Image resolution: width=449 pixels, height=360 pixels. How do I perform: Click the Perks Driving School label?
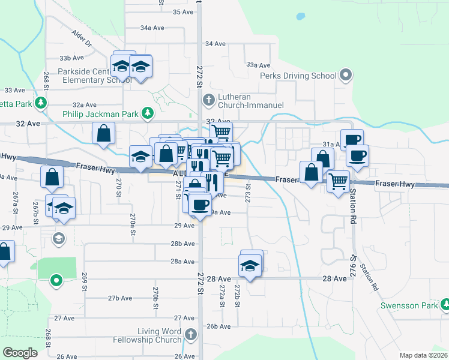tap(298, 76)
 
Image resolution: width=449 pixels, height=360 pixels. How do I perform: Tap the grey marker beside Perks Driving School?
tap(345, 76)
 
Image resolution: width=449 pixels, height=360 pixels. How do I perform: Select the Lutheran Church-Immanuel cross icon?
tap(208, 100)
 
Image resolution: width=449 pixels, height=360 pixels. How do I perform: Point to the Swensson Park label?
tap(409, 305)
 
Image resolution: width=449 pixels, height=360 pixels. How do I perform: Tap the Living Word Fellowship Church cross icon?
tap(191, 335)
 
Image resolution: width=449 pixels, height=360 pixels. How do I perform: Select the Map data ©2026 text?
tap(423, 355)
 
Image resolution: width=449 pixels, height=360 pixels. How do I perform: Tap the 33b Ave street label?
tap(70, 58)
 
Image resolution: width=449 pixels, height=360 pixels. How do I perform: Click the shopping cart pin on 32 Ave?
tap(221, 131)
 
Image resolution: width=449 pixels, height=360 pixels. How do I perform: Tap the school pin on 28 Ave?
tap(250, 264)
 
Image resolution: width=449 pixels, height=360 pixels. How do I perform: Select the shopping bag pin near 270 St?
tap(104, 133)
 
